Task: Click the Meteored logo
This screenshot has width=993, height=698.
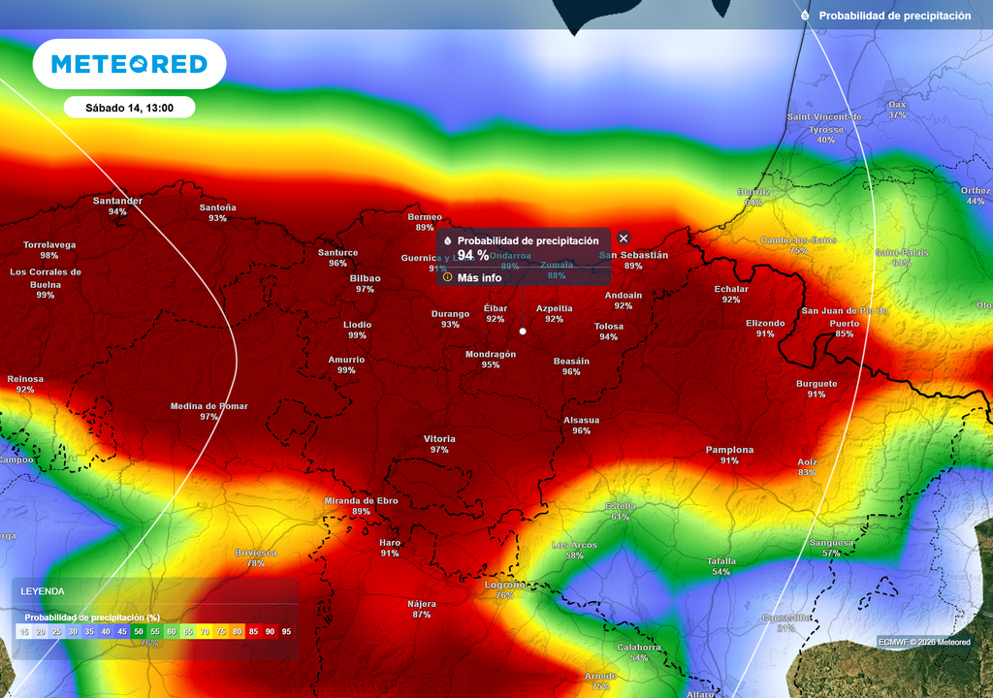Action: (129, 64)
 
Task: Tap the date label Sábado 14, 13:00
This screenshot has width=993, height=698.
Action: (129, 108)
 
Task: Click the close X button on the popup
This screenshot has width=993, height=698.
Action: (624, 238)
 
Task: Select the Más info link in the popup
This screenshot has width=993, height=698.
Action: (479, 277)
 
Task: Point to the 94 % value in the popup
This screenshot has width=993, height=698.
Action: (473, 256)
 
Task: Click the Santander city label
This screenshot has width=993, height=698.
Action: (117, 202)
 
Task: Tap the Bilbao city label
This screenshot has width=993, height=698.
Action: (365, 278)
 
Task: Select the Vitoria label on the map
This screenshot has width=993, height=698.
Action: (439, 439)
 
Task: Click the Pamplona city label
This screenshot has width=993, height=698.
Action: (729, 450)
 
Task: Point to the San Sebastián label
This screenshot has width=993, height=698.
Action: (634, 255)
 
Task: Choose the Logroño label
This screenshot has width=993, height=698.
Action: (504, 585)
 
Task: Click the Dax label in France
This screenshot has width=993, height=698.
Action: (897, 105)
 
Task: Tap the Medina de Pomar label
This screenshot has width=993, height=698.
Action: (208, 406)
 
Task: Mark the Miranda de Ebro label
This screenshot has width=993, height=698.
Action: (361, 501)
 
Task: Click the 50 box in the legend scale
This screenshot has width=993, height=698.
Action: (139, 631)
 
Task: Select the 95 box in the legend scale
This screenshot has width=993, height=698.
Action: (286, 631)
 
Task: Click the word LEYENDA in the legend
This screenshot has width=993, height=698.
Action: (43, 590)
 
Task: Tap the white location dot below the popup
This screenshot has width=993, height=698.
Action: (523, 332)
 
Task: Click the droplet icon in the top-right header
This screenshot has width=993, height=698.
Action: (805, 16)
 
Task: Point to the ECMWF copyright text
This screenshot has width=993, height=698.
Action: (924, 642)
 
